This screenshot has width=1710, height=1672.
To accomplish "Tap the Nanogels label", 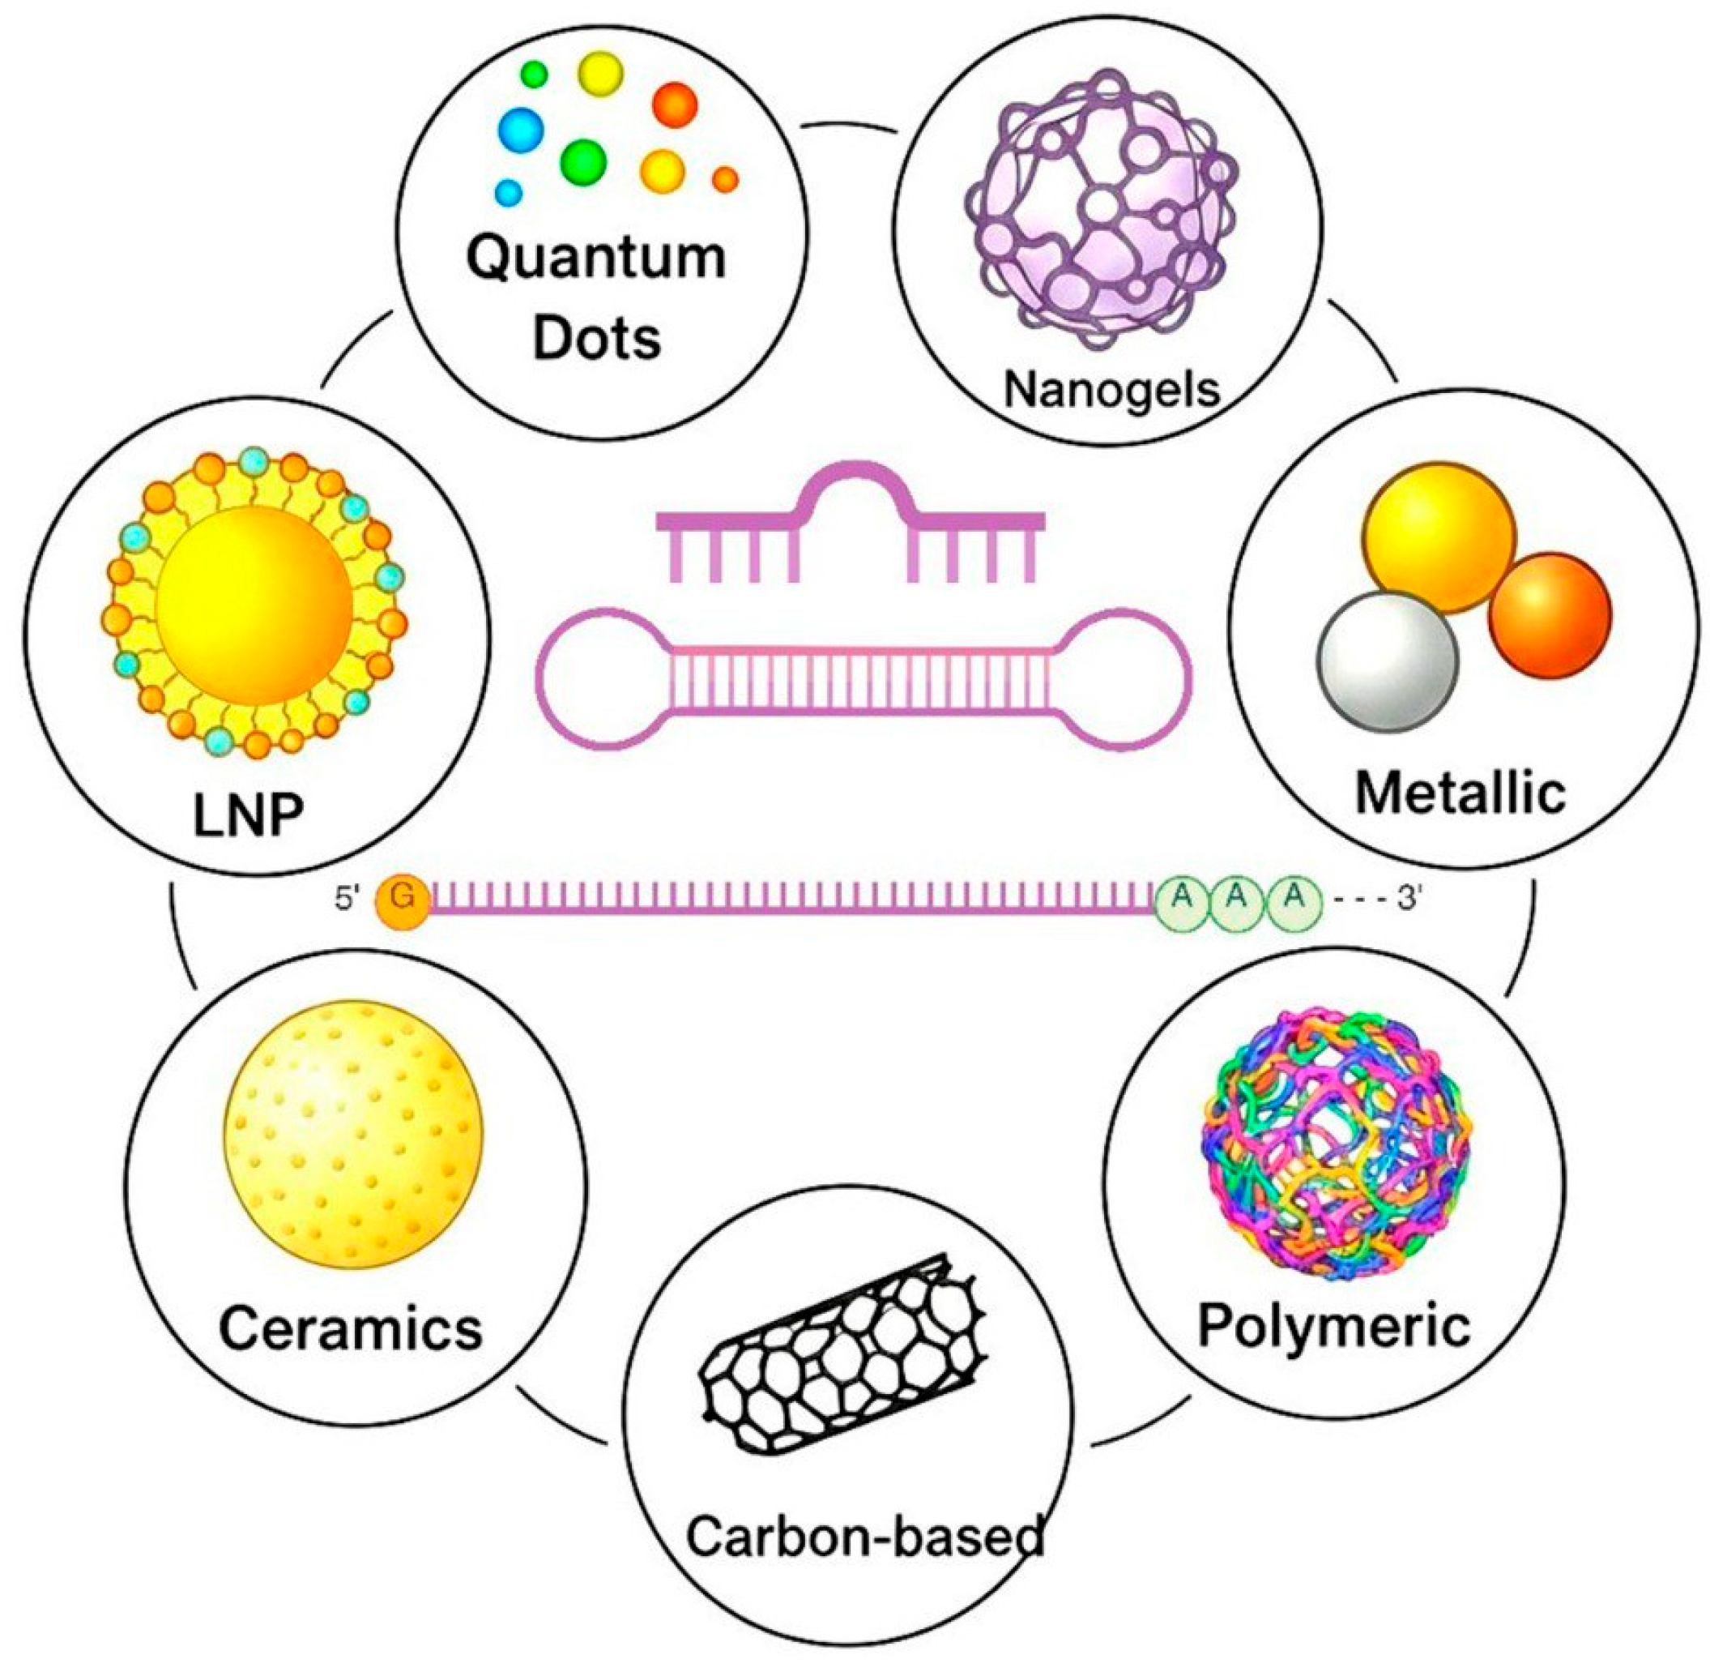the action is point(1111,388).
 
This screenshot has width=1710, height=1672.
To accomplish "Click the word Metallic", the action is point(1460,792).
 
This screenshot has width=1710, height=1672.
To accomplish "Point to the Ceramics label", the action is point(350,1328).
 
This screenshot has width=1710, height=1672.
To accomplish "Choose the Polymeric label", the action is point(1333,1325).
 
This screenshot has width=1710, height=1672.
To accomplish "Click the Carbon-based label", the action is point(864,1537).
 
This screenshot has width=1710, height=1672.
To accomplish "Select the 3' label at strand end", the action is point(1408,898).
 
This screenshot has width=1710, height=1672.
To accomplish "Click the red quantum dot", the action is point(674,105).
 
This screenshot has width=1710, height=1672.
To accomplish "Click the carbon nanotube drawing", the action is point(842,1357).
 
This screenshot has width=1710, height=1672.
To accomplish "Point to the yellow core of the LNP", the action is point(254,606).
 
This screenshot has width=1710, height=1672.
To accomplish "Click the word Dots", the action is point(596,339).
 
